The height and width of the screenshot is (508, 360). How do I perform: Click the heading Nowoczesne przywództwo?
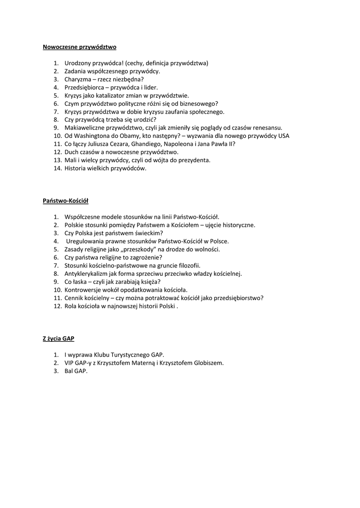(79, 47)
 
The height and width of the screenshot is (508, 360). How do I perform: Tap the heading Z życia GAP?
(58, 338)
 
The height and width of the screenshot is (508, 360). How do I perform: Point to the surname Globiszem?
(208, 363)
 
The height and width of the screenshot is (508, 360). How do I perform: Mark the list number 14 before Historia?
(57, 168)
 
